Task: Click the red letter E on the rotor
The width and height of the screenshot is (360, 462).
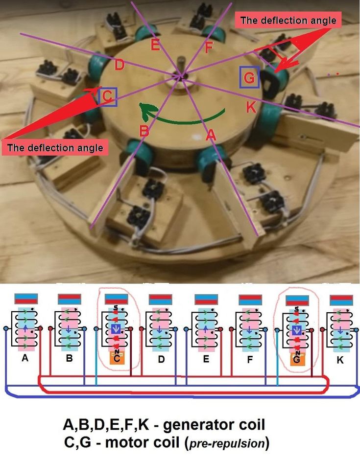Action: (155, 46)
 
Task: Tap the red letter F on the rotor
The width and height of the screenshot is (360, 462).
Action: (208, 47)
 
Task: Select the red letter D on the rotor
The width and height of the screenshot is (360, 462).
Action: (119, 64)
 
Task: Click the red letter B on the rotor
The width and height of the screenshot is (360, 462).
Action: (144, 131)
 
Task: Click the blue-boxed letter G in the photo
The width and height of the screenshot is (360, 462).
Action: (249, 77)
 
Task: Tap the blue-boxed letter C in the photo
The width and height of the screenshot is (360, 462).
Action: (107, 96)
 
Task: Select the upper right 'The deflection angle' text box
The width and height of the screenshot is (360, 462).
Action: (289, 21)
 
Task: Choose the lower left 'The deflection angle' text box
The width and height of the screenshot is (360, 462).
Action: (55, 147)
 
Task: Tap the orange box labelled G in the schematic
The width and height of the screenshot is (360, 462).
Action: (297, 360)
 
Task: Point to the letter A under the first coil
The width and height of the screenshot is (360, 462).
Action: (25, 359)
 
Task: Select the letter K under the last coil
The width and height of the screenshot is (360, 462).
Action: (340, 359)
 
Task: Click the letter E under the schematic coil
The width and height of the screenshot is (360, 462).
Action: (206, 359)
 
